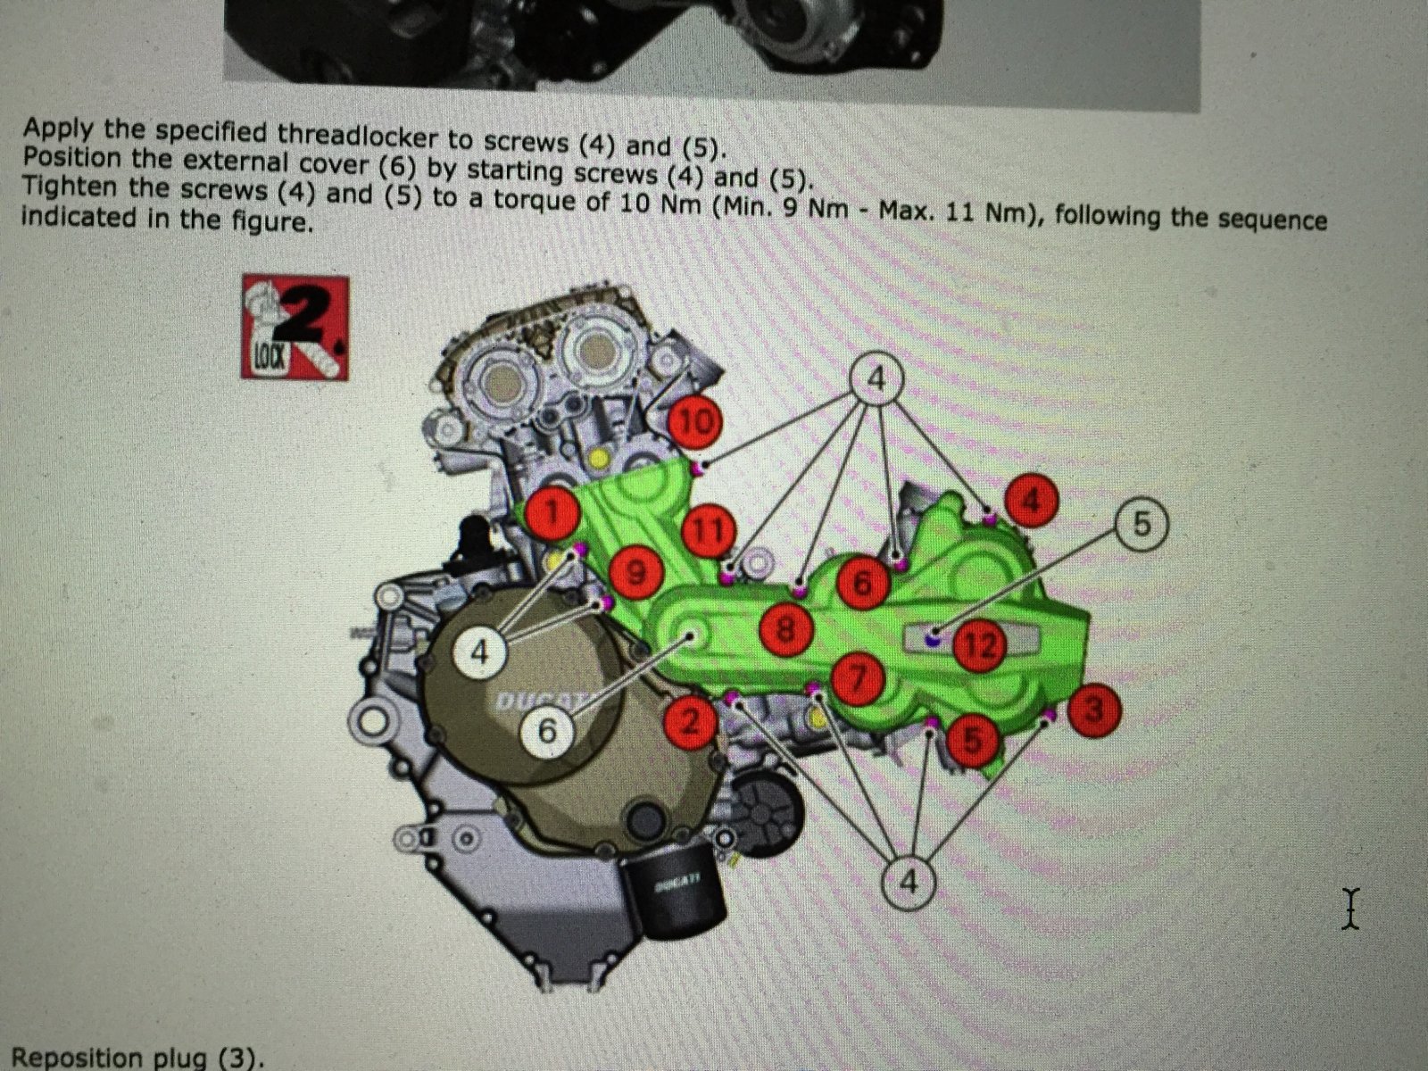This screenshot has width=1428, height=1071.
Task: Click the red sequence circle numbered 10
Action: tap(695, 423)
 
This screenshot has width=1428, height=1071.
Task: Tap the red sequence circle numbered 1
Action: tap(552, 513)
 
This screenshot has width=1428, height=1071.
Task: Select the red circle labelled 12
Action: tap(981, 644)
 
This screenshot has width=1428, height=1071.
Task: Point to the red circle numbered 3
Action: tap(1095, 710)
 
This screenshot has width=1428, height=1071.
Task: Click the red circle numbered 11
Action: tap(709, 531)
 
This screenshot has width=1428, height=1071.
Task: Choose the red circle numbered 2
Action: tap(691, 722)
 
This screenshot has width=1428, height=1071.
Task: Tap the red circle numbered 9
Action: tap(635, 572)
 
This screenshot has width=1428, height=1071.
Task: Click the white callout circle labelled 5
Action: tap(1142, 524)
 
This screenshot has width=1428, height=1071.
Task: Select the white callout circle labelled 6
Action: tap(548, 732)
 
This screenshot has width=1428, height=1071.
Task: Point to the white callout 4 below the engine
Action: tap(909, 882)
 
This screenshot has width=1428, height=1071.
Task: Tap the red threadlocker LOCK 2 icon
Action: tap(295, 327)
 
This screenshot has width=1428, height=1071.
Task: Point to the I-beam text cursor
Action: tap(1350, 909)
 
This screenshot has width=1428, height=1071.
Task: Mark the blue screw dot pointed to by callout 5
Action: tap(933, 638)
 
